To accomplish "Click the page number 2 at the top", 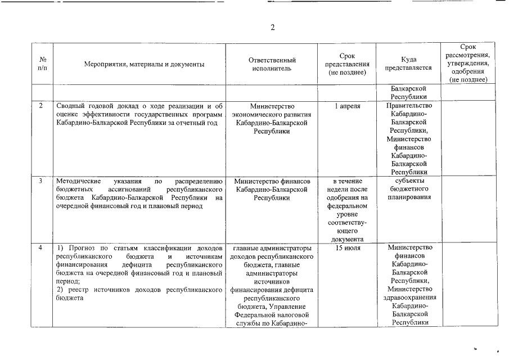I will [272, 28].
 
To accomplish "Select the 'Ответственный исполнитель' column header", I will [272, 65].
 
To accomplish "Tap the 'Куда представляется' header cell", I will [408, 64].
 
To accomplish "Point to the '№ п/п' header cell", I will [43, 64].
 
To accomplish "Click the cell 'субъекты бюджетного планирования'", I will [408, 189].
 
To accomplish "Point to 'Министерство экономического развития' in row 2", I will [272, 110].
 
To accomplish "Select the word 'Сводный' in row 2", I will [70, 106].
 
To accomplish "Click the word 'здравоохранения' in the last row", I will [408, 298].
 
